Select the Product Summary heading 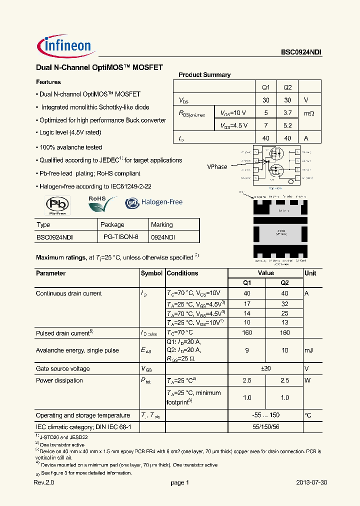[204, 75]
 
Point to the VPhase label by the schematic [217, 167]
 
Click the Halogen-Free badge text [161, 202]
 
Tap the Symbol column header [151, 273]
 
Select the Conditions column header [182, 273]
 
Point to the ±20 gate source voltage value [266, 369]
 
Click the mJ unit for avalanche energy [308, 350]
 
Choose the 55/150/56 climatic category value [266, 427]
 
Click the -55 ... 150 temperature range [266, 415]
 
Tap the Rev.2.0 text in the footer [43, 483]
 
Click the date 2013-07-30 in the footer [312, 483]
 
